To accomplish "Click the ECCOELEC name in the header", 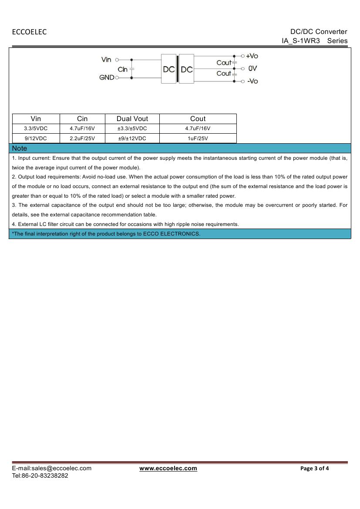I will coord(29,32).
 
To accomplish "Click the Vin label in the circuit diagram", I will coord(106,60).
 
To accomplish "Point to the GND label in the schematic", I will coord(107,78).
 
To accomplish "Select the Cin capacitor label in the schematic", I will coord(122,69).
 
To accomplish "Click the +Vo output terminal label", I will coord(252,56).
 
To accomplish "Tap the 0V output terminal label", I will coord(252,68).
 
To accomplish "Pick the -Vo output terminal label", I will coord(252,81).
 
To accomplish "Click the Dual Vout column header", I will coord(132,119).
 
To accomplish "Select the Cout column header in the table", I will coord(198,119).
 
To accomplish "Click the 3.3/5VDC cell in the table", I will coord(36,128).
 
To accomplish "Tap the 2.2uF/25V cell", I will coord(82,138).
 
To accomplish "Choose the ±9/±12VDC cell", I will coord(132,138).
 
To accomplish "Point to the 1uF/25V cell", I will coord(198,138).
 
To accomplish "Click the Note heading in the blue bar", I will coord(20,148).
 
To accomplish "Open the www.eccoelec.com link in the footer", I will coord(168,469).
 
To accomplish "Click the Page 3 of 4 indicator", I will coord(315,469).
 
